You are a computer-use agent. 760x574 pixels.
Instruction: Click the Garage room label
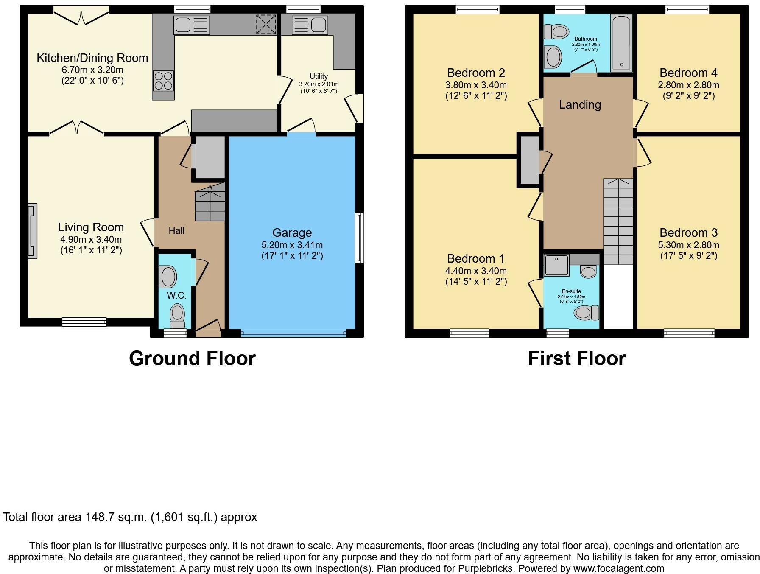click(x=292, y=232)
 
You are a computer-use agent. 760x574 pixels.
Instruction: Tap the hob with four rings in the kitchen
click(x=163, y=81)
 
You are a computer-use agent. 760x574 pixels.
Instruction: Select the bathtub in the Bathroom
click(x=621, y=43)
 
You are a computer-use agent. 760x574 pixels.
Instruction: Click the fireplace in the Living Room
click(x=33, y=231)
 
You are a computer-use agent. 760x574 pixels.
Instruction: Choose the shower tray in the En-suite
click(x=556, y=265)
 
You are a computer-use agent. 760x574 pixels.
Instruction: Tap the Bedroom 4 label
click(x=688, y=73)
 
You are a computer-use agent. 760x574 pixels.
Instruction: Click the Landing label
click(x=580, y=105)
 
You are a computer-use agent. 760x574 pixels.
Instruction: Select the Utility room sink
click(x=310, y=25)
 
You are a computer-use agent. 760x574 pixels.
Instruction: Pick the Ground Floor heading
click(x=192, y=358)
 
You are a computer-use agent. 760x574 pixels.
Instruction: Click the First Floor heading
click(x=577, y=358)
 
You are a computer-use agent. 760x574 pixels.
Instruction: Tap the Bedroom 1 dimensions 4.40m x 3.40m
click(x=476, y=271)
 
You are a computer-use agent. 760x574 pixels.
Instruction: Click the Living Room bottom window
click(x=84, y=322)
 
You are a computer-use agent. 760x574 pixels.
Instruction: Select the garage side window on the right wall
click(x=359, y=238)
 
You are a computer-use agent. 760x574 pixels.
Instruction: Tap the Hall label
click(x=176, y=230)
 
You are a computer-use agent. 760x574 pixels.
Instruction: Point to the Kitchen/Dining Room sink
click(x=192, y=25)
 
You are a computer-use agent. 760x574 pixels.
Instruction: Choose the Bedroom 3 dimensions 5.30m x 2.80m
click(x=689, y=245)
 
